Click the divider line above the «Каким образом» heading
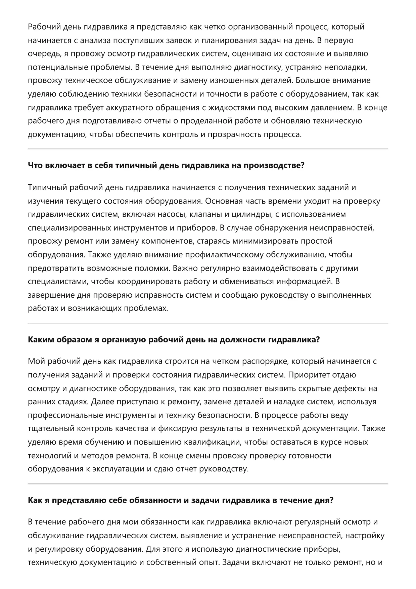208,323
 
